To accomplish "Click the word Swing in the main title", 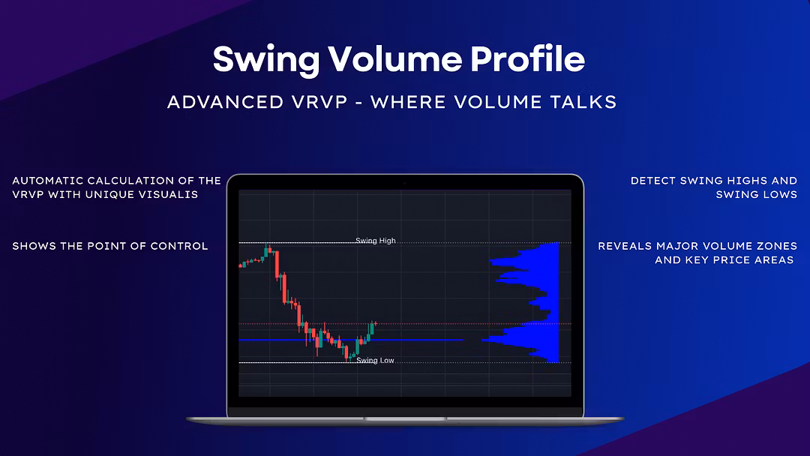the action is (x=266, y=60).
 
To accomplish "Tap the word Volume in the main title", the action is (x=394, y=58).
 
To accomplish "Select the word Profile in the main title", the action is (x=527, y=58).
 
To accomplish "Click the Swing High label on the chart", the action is (x=376, y=241).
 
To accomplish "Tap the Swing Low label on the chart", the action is (x=375, y=361).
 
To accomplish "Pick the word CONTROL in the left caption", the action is (x=178, y=246).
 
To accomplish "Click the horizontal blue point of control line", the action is (x=351, y=340).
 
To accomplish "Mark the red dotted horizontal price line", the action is (x=405, y=324).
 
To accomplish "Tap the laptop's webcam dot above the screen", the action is (x=405, y=183).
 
